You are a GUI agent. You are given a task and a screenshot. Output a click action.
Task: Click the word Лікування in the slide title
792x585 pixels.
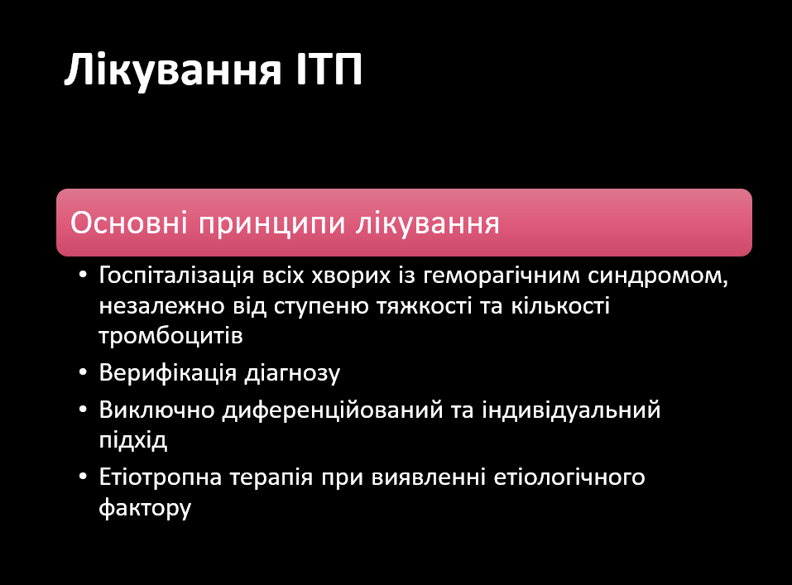pyautogui.click(x=173, y=70)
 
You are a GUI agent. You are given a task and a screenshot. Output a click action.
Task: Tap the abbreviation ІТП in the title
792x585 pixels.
pyautogui.click(x=329, y=69)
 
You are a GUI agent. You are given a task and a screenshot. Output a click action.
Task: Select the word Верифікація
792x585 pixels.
pyautogui.click(x=168, y=374)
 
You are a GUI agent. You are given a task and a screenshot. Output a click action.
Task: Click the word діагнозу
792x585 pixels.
pyautogui.click(x=292, y=374)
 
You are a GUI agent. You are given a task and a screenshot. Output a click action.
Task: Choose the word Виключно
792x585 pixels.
pyautogui.click(x=156, y=410)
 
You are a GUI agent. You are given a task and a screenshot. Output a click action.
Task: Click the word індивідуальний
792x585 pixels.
pyautogui.click(x=571, y=410)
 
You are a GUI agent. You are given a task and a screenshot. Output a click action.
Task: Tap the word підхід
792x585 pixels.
pyautogui.click(x=133, y=440)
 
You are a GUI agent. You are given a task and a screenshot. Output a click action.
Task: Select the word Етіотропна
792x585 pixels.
pyautogui.click(x=160, y=477)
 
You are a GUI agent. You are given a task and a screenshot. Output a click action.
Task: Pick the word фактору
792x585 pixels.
pyautogui.click(x=145, y=508)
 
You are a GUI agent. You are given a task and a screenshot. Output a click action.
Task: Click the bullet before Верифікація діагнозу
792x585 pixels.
pyautogui.click(x=84, y=373)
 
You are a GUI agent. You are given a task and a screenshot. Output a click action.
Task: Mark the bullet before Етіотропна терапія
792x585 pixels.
pyautogui.click(x=84, y=477)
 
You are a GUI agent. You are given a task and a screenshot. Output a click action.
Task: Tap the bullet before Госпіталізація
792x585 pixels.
pyautogui.click(x=84, y=276)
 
